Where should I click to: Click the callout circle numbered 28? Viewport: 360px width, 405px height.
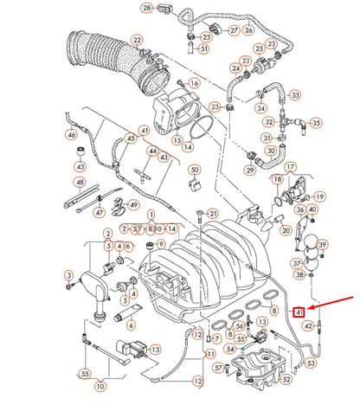click(x=147, y=8)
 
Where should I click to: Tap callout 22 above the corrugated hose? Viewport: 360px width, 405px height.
click(x=137, y=40)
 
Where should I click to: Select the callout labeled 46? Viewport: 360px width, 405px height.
click(x=72, y=134)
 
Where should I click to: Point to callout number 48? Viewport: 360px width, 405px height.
click(x=80, y=183)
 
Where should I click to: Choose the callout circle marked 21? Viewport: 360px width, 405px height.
click(x=214, y=213)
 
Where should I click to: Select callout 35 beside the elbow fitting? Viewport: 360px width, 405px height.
click(x=315, y=124)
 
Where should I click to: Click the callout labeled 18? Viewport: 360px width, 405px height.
click(x=277, y=179)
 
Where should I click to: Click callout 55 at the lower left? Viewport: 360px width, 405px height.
click(x=84, y=374)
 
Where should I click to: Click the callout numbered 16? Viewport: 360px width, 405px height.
click(x=194, y=83)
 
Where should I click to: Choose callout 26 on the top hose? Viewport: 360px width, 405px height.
click(x=248, y=29)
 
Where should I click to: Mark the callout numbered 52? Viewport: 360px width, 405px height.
click(x=286, y=378)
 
